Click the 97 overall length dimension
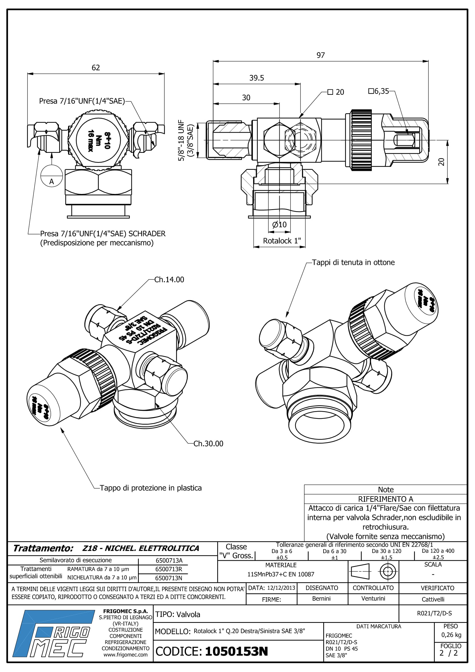[320, 55]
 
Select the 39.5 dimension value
[256, 78]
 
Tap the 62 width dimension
[96, 68]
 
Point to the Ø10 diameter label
[279, 224]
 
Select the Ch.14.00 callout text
[169, 280]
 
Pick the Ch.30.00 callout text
[208, 443]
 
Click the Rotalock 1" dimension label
[282, 240]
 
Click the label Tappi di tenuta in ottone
[353, 262]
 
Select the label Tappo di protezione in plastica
[151, 488]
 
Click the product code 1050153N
[236, 652]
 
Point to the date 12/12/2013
[281, 588]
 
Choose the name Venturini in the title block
[373, 598]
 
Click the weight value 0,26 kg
[451, 635]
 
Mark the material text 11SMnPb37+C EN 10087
[280, 574]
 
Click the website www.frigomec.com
[125, 655]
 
